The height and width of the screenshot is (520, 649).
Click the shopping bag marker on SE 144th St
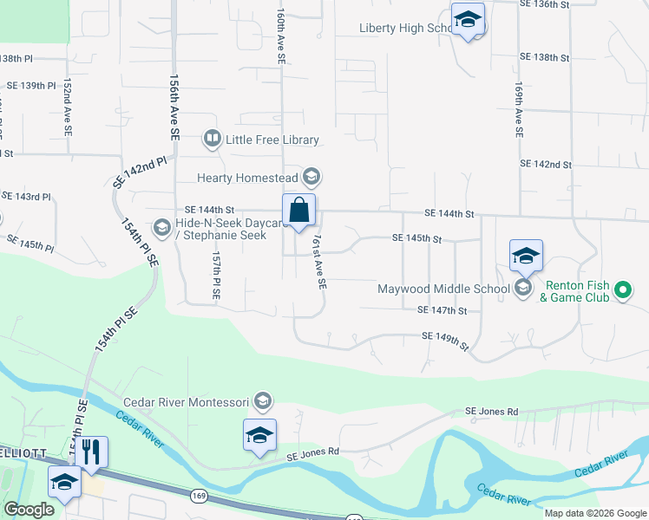[x=298, y=210]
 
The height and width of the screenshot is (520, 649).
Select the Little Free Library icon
[x=211, y=139]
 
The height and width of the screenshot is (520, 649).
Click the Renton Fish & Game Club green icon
[x=622, y=291]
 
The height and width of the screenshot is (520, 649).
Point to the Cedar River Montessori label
[x=187, y=402]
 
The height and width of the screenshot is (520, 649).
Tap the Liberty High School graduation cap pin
[x=468, y=21]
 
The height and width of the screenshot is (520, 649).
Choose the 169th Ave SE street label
[x=518, y=110]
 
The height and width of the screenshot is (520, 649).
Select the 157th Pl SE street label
[x=216, y=276]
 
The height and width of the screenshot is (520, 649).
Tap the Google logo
[x=29, y=510]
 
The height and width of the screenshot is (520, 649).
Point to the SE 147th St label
[x=442, y=310]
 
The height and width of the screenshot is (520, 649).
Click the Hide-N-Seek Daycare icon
[x=161, y=228]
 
